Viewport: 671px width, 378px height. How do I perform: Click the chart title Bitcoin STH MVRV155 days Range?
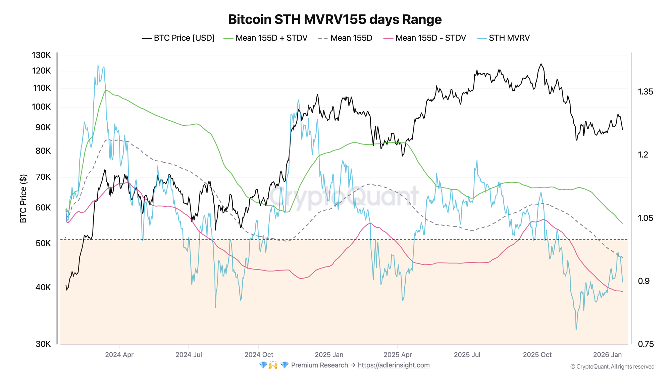(335, 19)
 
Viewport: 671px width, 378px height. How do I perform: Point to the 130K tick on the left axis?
(41, 55)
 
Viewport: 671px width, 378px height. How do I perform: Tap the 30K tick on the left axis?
(43, 344)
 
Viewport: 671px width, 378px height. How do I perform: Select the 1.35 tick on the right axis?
(646, 92)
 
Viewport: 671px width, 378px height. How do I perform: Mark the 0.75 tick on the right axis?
(646, 344)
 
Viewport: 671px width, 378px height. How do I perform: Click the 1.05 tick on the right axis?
(646, 218)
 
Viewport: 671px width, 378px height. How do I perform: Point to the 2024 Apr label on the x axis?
(119, 355)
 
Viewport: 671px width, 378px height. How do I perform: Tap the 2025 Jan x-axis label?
(329, 355)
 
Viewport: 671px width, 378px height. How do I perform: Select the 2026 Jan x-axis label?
(607, 355)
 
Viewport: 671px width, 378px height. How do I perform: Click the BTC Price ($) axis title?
(23, 198)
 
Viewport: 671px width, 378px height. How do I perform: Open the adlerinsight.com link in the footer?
(394, 365)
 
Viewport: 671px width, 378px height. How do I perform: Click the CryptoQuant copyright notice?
(612, 367)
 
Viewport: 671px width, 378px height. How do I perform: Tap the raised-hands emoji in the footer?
(273, 365)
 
